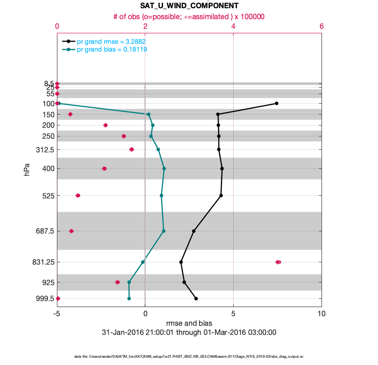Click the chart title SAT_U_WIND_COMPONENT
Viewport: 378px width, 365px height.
189,6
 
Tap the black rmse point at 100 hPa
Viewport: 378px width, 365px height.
276,104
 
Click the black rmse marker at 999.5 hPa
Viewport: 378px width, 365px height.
196,298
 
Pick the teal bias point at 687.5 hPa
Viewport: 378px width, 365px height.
163,231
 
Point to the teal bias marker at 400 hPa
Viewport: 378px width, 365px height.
164,168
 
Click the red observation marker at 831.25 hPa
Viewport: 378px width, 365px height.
278,262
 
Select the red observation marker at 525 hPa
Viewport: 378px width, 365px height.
78,195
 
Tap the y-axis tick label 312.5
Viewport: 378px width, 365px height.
45,150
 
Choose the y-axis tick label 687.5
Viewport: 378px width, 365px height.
45,231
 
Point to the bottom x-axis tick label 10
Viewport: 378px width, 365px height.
322,314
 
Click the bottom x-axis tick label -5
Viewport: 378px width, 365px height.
57,314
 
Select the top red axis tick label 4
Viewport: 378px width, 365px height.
233,26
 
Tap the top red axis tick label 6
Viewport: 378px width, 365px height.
322,26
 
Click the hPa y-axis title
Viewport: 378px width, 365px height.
27,172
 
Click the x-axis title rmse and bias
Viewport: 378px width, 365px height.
189,323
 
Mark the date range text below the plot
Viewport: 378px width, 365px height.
189,333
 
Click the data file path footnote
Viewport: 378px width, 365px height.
189,356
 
